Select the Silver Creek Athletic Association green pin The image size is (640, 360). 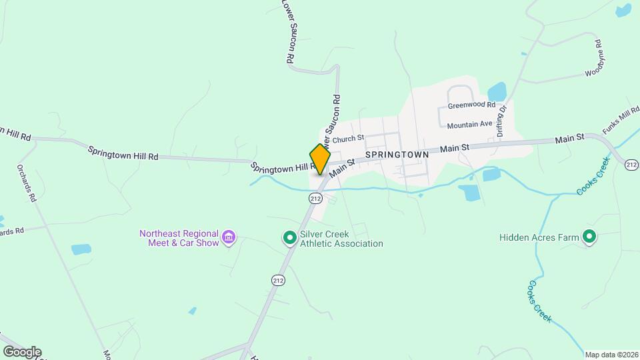[289, 237]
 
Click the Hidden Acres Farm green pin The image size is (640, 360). [589, 237]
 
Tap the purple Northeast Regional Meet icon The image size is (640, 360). [229, 237]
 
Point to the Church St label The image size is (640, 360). [347, 139]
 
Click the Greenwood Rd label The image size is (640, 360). [471, 105]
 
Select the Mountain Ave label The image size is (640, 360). [469, 125]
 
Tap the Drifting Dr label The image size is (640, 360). [502, 121]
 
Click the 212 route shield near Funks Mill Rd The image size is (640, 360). [632, 165]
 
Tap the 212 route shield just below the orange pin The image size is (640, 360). [316, 198]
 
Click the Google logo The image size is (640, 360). [21, 351]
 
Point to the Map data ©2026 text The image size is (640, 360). [611, 354]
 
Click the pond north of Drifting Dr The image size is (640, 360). [497, 91]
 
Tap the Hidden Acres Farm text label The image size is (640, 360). [538, 237]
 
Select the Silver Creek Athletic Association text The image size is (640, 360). [341, 239]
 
